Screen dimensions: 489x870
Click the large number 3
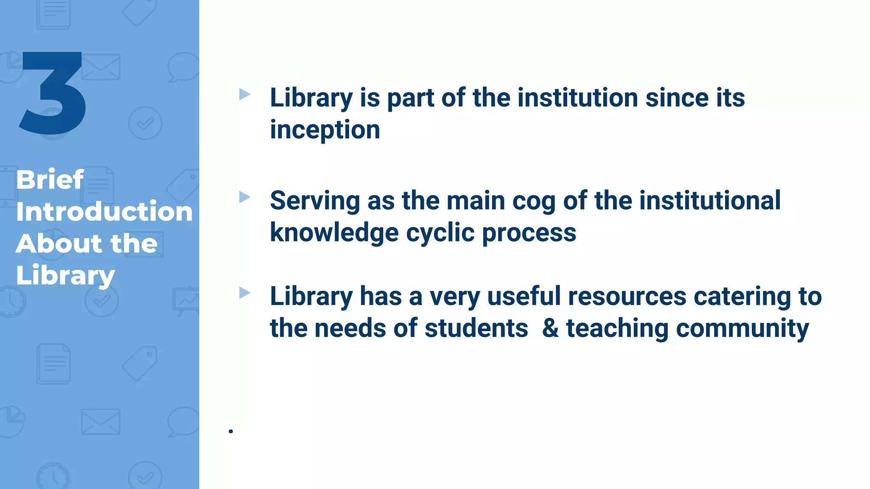pos(53,93)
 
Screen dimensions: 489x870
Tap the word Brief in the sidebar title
pos(50,180)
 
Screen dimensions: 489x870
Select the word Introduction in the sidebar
pos(104,211)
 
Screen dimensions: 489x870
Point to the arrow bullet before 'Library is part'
pos(244,94)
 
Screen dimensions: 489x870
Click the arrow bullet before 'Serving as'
pos(244,197)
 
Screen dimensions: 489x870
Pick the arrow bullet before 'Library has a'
pos(244,292)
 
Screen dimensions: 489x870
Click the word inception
pos(325,130)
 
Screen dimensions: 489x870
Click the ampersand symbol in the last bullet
pos(551,329)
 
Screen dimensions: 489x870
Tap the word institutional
pos(710,200)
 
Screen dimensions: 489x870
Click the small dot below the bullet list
pos(231,431)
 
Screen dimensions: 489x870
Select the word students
pos(476,329)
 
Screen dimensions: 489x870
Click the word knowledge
pos(334,233)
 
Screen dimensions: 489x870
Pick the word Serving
pos(315,201)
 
